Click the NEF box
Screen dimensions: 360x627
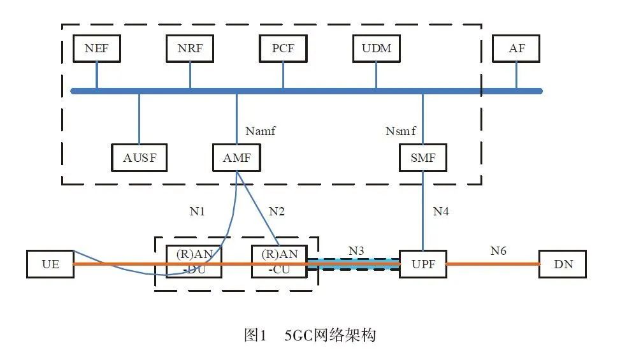coord(97,48)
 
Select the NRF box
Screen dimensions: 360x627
coord(189,48)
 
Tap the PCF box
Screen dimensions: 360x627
coord(283,48)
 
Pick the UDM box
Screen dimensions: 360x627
coord(376,48)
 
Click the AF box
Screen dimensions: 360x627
coord(516,48)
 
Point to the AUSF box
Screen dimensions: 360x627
coord(140,158)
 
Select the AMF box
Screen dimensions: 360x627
coord(236,158)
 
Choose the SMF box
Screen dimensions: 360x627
coord(423,158)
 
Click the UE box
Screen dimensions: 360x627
coord(50,264)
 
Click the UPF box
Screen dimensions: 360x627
coord(423,264)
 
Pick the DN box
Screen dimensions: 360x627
coord(563,264)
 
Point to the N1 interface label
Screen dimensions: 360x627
coord(197,211)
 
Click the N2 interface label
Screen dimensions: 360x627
coord(276,211)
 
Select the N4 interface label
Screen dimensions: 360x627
coord(441,211)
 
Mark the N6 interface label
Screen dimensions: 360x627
coord(498,250)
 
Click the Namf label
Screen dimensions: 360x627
coord(260,131)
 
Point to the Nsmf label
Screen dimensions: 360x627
coord(400,131)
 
